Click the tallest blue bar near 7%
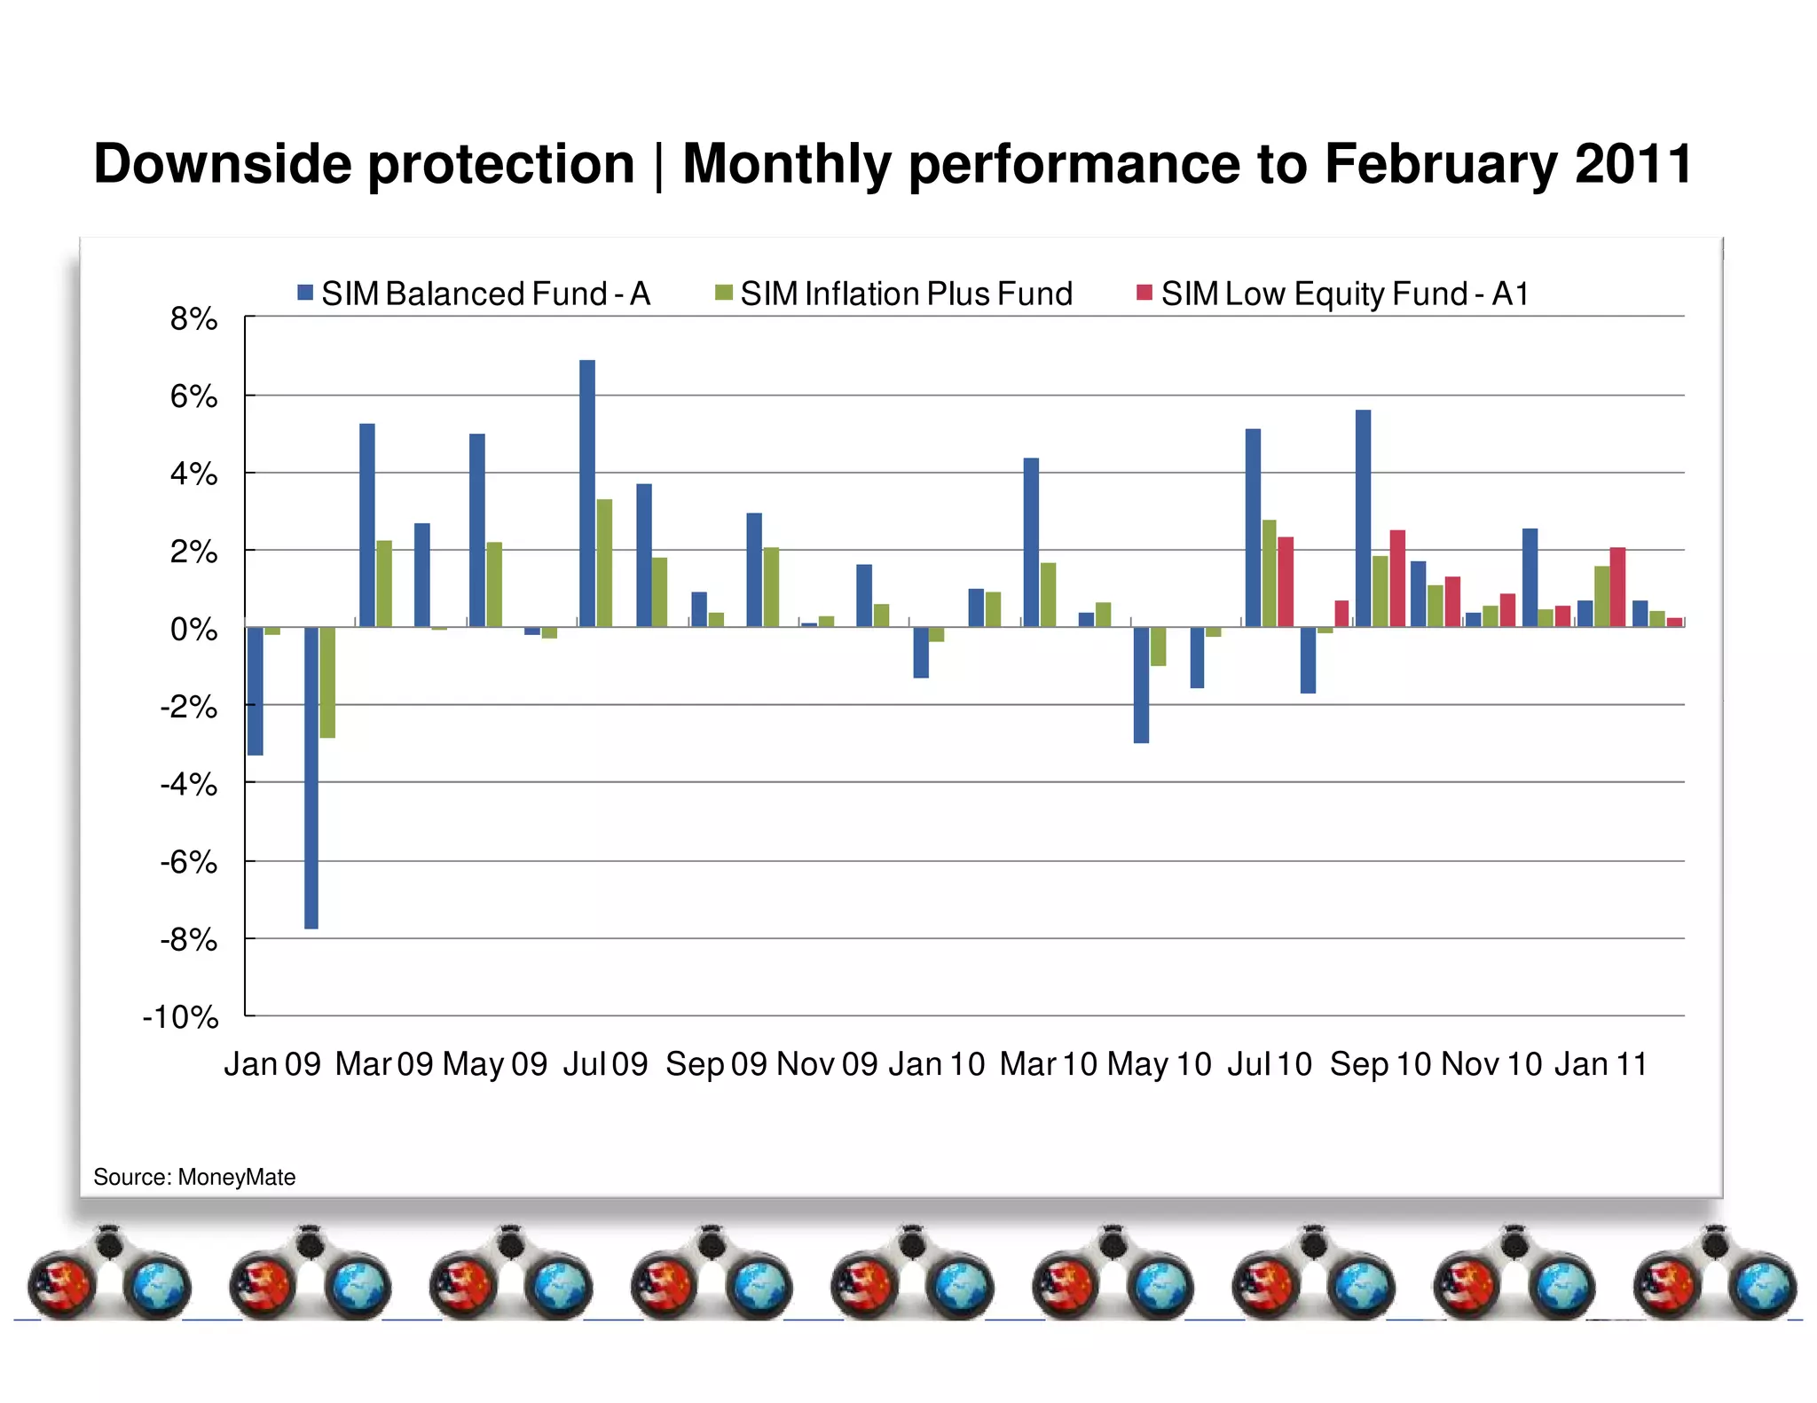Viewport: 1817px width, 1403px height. pos(586,493)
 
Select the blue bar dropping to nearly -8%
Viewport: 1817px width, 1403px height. pos(311,778)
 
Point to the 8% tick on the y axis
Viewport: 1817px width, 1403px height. pos(193,318)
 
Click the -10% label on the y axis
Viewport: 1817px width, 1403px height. pos(180,1016)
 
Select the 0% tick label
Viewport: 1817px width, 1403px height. pos(193,629)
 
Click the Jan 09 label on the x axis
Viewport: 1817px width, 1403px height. pos(271,1063)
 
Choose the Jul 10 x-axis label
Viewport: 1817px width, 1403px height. pos(1269,1063)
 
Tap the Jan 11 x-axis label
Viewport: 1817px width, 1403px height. pos(1600,1063)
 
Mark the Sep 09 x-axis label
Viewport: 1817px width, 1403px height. pos(715,1063)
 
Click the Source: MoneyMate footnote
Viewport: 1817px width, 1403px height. pos(194,1177)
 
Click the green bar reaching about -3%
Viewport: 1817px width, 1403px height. pos(327,682)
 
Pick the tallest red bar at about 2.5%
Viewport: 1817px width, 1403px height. pos(1397,578)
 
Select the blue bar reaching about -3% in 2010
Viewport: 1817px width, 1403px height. pos(1141,685)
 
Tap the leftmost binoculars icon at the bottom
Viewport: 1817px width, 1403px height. pos(108,1274)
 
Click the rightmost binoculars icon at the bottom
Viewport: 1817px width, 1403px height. pos(1714,1274)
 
